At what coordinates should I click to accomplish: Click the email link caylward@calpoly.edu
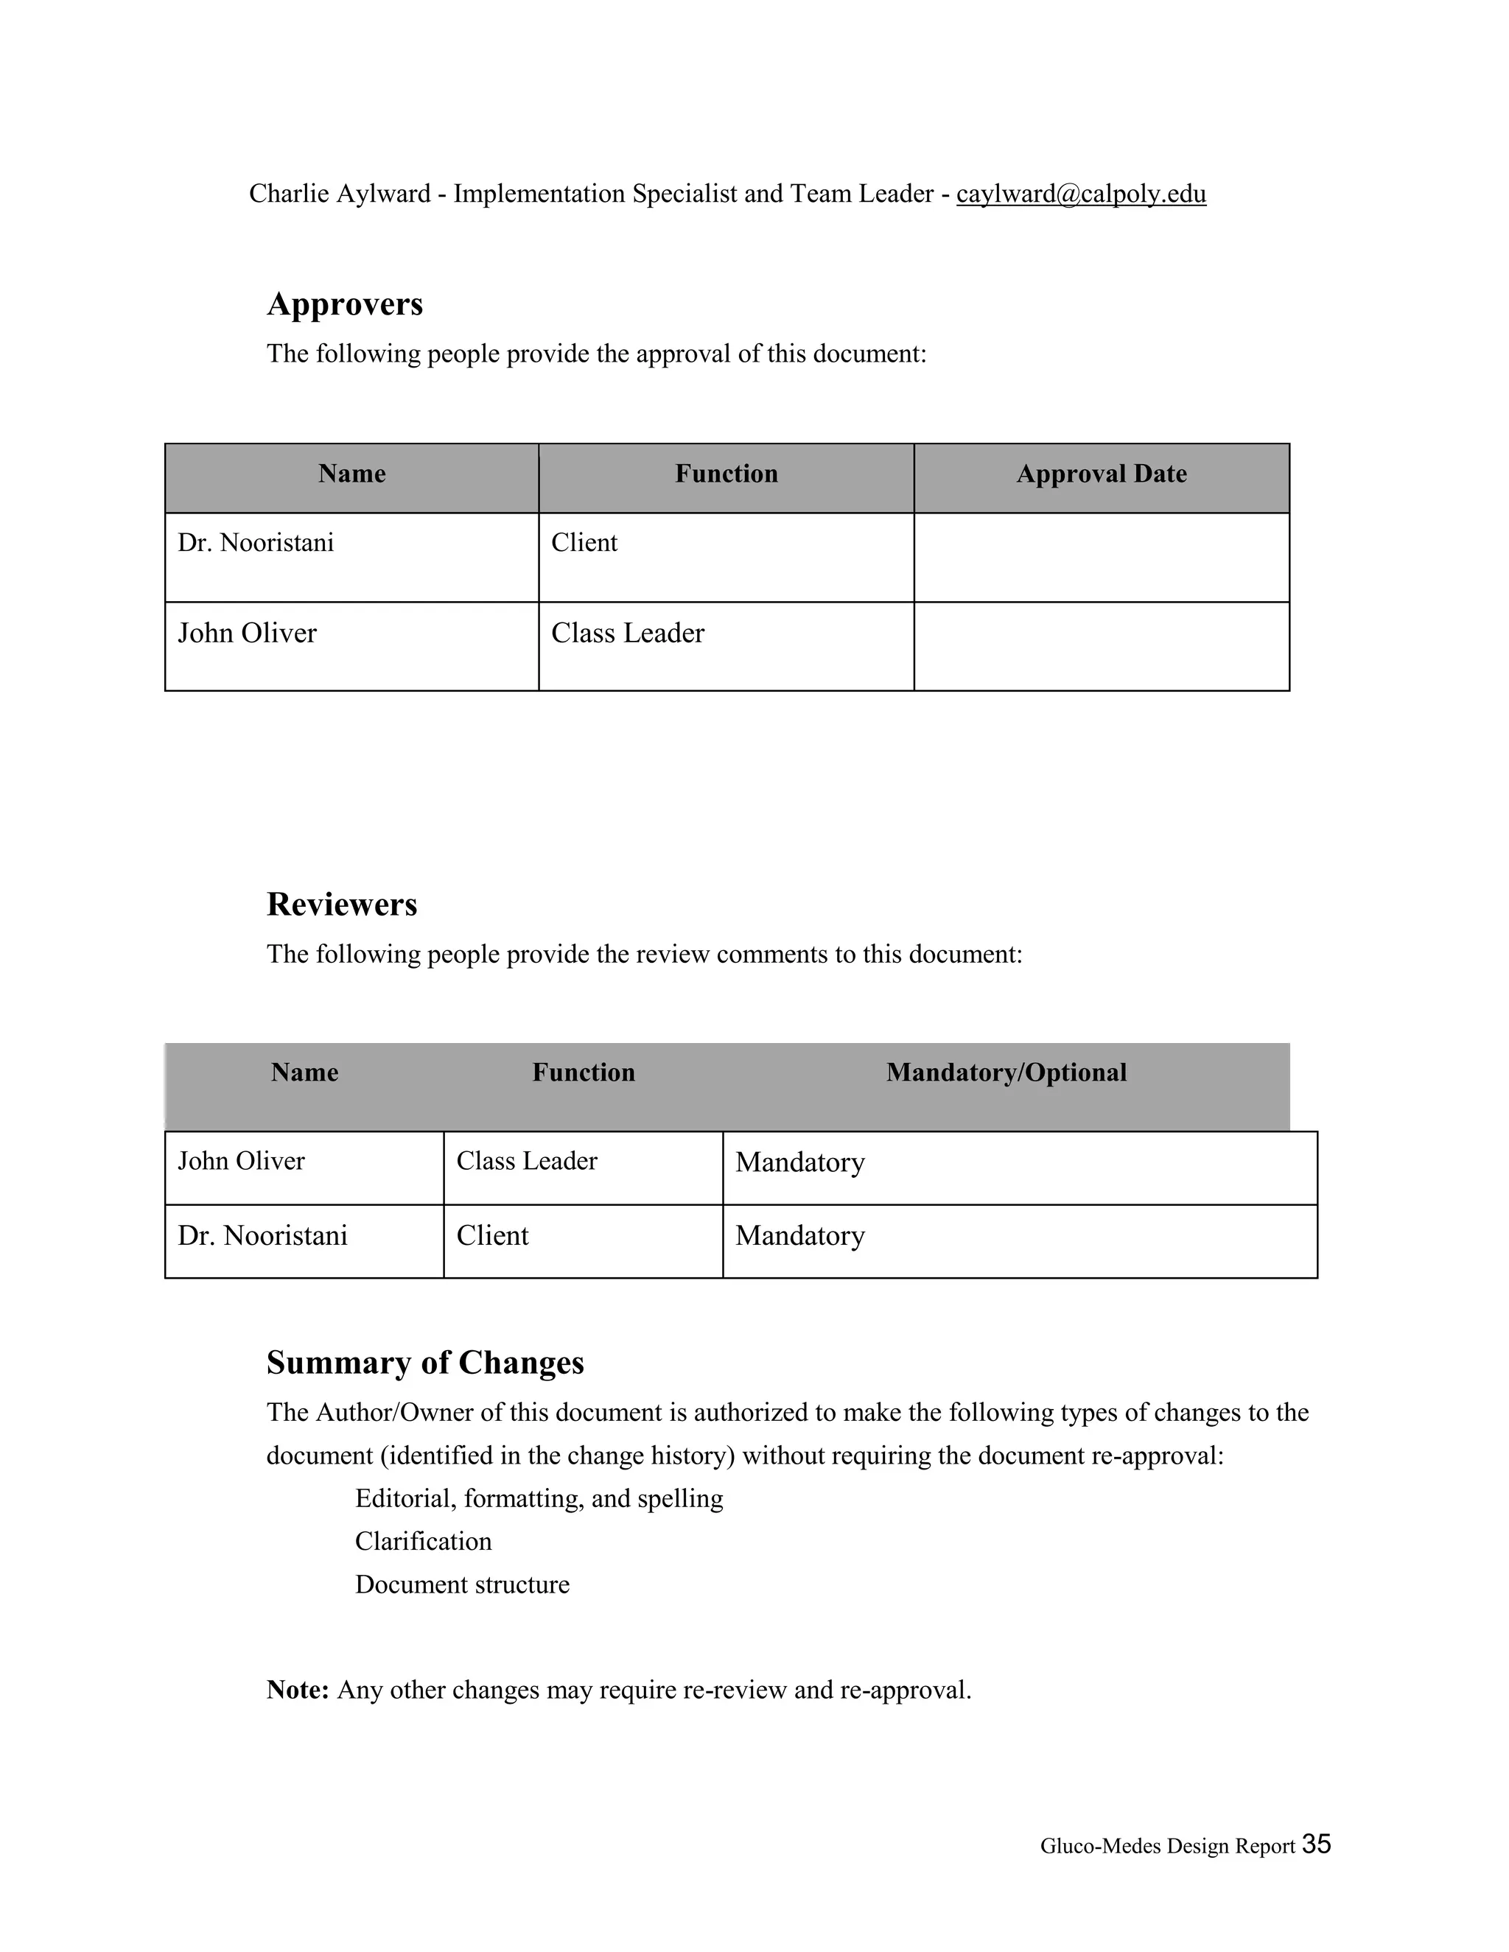[1081, 194]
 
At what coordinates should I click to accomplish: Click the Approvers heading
[344, 304]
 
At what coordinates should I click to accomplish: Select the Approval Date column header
[1101, 474]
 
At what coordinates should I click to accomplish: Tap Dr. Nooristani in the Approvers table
[256, 543]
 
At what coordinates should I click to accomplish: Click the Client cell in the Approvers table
[584, 543]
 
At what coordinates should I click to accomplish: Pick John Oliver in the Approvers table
[247, 633]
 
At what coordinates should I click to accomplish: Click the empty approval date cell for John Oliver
[1101, 646]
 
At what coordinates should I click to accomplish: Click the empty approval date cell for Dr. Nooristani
[1101, 557]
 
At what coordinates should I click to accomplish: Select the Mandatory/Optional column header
[1006, 1072]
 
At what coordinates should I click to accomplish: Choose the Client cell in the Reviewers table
[493, 1236]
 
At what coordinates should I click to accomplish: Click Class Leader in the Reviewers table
[527, 1161]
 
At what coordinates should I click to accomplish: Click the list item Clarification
[423, 1542]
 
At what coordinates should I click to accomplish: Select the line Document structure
[461, 1584]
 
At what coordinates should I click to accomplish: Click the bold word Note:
[298, 1690]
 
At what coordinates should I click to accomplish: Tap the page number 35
[1316, 1844]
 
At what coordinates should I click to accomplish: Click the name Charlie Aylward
[340, 194]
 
